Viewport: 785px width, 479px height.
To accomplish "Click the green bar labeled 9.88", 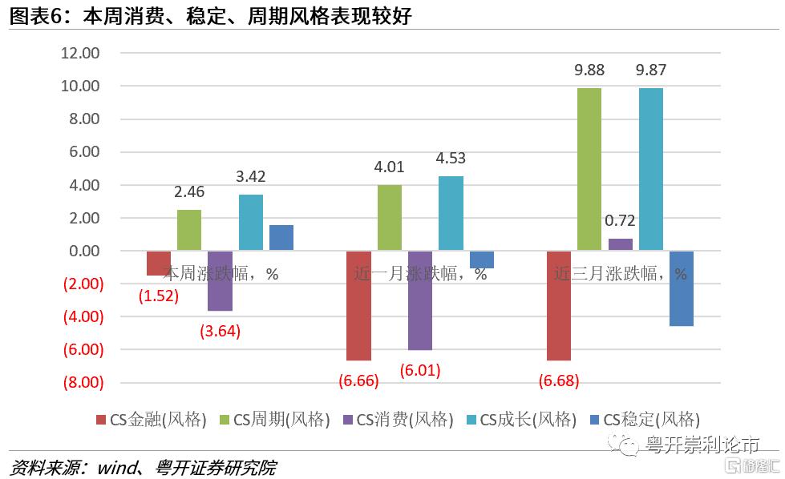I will (x=589, y=169).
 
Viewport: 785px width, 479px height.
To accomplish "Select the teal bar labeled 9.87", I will (x=650, y=169).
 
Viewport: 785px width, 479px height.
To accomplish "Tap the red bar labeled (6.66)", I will (x=358, y=305).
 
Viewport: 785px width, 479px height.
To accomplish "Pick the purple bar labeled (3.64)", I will (x=219, y=280).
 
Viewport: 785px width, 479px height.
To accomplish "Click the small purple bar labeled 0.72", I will (x=620, y=244).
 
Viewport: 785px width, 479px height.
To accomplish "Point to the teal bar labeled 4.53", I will (x=451, y=213).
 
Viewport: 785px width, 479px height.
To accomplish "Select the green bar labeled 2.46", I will (x=188, y=230).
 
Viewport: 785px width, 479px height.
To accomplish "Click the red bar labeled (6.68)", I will (x=558, y=305).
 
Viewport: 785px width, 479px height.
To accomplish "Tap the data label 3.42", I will (x=250, y=177).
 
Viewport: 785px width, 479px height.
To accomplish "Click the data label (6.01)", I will (x=419, y=370).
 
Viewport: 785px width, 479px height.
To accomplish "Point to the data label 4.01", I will (x=389, y=167).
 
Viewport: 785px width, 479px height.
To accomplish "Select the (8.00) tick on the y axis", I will (x=83, y=382).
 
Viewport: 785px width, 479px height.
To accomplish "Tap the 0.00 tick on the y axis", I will (x=83, y=251).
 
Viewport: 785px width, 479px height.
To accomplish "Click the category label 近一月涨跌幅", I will (x=410, y=273).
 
